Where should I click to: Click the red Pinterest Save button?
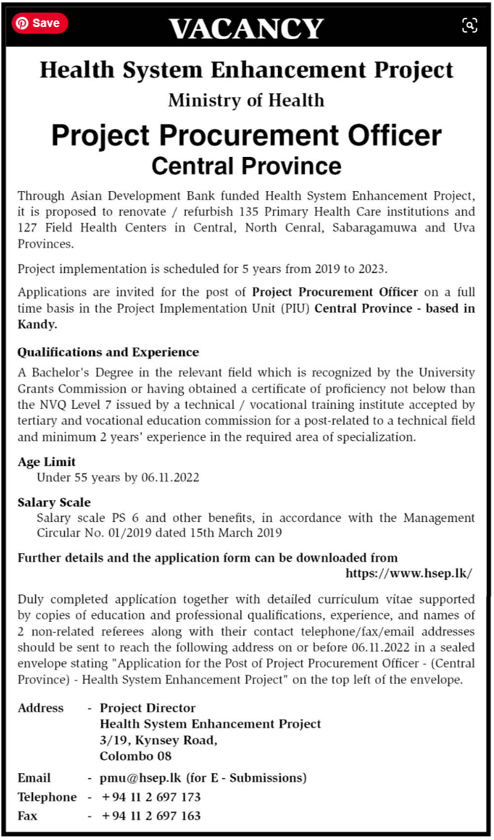point(40,23)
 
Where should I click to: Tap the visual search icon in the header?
point(469,25)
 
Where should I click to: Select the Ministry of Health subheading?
point(246,100)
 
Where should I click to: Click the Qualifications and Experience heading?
point(108,352)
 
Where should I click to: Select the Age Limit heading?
point(47,462)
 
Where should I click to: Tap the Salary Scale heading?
point(54,502)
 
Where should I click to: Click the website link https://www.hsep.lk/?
point(409,573)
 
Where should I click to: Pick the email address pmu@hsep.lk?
point(140,777)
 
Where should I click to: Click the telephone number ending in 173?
point(151,797)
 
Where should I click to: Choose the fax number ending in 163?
point(151,816)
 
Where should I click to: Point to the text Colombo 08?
point(135,756)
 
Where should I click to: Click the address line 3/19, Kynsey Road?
point(158,740)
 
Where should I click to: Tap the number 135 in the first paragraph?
point(249,212)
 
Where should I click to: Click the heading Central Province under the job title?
point(246,165)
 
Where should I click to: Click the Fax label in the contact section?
point(28,816)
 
